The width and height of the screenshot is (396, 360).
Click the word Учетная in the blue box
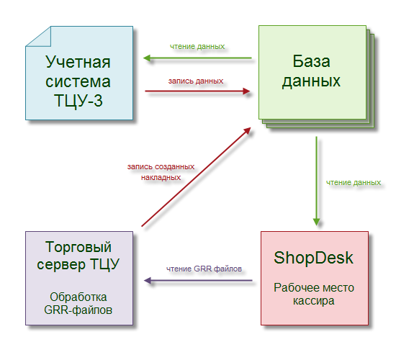click(x=78, y=62)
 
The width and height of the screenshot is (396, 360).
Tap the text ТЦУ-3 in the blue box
click(x=78, y=101)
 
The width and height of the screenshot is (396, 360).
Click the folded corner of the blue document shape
click(x=38, y=37)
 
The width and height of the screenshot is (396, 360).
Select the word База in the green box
click(x=311, y=61)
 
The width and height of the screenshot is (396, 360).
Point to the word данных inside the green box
click(x=311, y=81)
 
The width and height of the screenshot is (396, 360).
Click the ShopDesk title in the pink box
click(x=313, y=258)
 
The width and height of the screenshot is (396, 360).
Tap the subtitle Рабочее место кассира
click(x=314, y=294)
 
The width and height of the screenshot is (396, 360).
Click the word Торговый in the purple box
click(x=78, y=247)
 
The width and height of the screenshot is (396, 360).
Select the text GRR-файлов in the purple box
click(x=78, y=310)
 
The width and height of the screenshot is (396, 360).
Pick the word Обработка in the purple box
click(x=78, y=297)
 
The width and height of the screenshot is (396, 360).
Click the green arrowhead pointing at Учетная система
click(x=147, y=58)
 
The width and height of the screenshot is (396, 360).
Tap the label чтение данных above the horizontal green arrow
click(x=197, y=47)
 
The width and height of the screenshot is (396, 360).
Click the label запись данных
click(x=196, y=81)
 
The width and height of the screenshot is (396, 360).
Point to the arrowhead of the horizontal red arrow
click(x=246, y=91)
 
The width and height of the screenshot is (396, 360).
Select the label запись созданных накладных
click(x=161, y=172)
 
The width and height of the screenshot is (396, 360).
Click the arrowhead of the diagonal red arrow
click(x=247, y=130)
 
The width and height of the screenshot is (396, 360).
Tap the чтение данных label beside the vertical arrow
click(x=354, y=182)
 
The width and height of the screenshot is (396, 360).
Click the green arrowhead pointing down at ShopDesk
click(x=317, y=222)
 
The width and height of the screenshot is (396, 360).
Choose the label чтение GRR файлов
click(x=204, y=269)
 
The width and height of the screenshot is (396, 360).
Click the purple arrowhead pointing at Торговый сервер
click(x=148, y=280)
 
